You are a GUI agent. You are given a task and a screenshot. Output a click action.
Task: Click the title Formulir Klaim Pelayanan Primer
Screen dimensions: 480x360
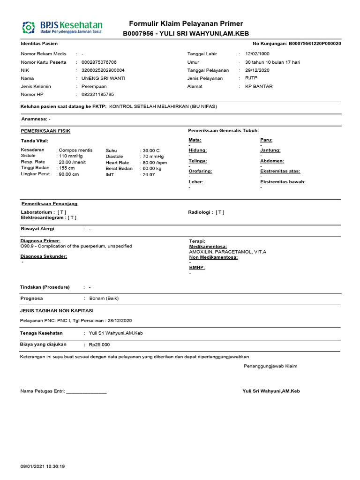coord(186,24)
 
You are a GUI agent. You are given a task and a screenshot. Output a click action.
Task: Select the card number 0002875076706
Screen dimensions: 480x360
coord(99,62)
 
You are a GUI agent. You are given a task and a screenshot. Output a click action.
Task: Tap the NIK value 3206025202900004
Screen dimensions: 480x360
coord(103,70)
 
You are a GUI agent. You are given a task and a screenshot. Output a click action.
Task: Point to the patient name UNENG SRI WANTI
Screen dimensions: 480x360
coord(103,78)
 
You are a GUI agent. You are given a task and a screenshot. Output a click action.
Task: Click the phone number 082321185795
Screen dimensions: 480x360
coord(97,94)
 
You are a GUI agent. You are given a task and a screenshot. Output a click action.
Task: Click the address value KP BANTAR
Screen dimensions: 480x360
coord(259,86)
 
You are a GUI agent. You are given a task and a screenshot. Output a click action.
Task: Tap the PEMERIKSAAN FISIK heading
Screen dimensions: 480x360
coord(45,131)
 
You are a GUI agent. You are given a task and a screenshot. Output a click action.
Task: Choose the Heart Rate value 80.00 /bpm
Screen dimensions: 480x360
coord(154,163)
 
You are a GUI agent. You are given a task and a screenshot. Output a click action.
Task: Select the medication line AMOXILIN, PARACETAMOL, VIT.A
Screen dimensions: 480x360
coord(227,252)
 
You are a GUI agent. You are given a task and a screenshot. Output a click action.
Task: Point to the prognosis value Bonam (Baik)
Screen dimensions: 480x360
coord(104,298)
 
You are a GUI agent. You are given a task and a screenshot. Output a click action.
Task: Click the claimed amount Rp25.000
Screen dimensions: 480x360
coord(99,345)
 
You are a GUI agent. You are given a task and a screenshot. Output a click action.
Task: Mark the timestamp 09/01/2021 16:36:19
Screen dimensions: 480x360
coord(43,466)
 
